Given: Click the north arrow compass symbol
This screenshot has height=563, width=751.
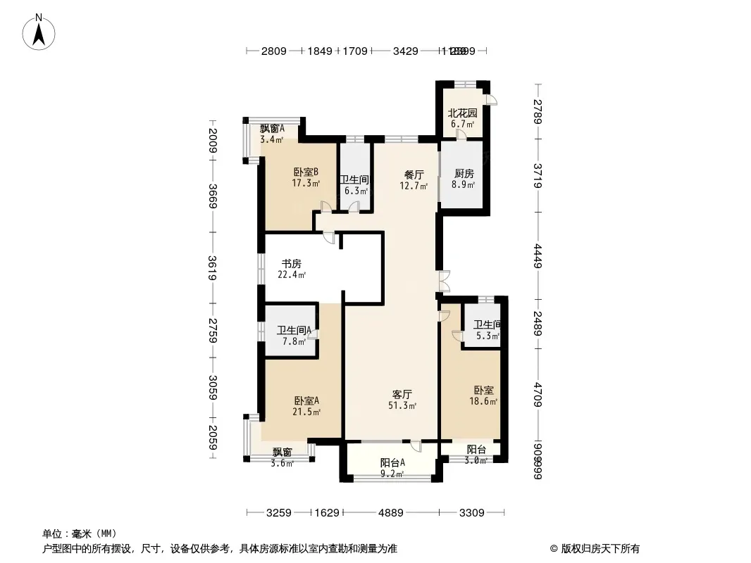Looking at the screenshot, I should (40, 32).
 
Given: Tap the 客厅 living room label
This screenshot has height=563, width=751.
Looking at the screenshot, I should (402, 393).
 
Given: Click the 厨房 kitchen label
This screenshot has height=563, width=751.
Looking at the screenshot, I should (464, 174).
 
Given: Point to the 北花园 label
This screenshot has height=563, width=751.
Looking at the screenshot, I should (463, 113).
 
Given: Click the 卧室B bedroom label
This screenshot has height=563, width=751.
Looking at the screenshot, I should (306, 172).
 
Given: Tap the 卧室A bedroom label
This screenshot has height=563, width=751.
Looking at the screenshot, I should (306, 400).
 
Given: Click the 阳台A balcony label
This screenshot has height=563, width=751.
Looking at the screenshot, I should (392, 462).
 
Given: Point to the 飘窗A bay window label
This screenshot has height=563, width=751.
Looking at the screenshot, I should (272, 128).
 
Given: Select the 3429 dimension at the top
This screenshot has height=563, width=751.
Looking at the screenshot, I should (406, 51).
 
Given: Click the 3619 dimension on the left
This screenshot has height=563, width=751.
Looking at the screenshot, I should (212, 267).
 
